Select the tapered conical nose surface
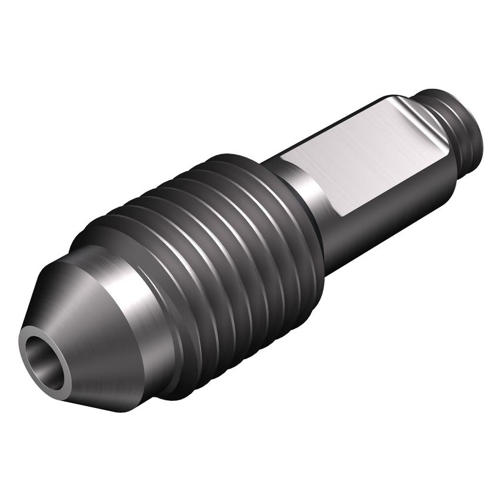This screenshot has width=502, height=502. (x=88, y=329)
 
